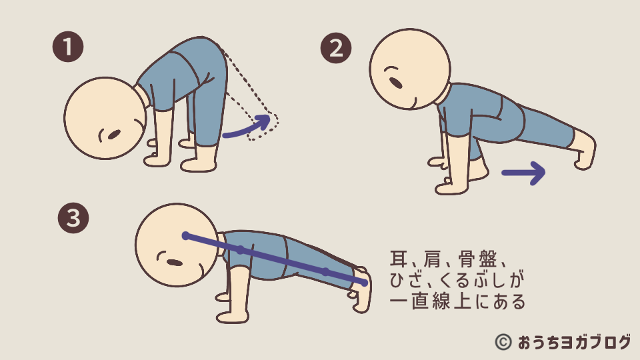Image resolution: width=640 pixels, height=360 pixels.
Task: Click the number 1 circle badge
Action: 68,47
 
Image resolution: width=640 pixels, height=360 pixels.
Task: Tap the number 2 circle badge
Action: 336,48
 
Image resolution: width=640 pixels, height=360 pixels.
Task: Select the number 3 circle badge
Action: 73,218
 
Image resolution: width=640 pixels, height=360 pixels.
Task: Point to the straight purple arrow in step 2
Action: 524,173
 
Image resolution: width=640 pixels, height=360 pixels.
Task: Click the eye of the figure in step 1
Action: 114,134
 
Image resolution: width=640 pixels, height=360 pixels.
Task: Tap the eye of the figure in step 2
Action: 395,83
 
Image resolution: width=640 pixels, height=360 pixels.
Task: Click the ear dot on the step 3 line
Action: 186,235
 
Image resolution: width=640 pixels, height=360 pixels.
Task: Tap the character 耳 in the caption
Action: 399,259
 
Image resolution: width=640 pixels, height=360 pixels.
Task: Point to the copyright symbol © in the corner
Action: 503,342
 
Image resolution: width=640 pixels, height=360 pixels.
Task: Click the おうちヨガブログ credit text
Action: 574,342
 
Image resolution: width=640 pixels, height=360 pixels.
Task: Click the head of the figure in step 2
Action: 410,69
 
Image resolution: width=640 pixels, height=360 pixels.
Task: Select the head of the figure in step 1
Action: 105,118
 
